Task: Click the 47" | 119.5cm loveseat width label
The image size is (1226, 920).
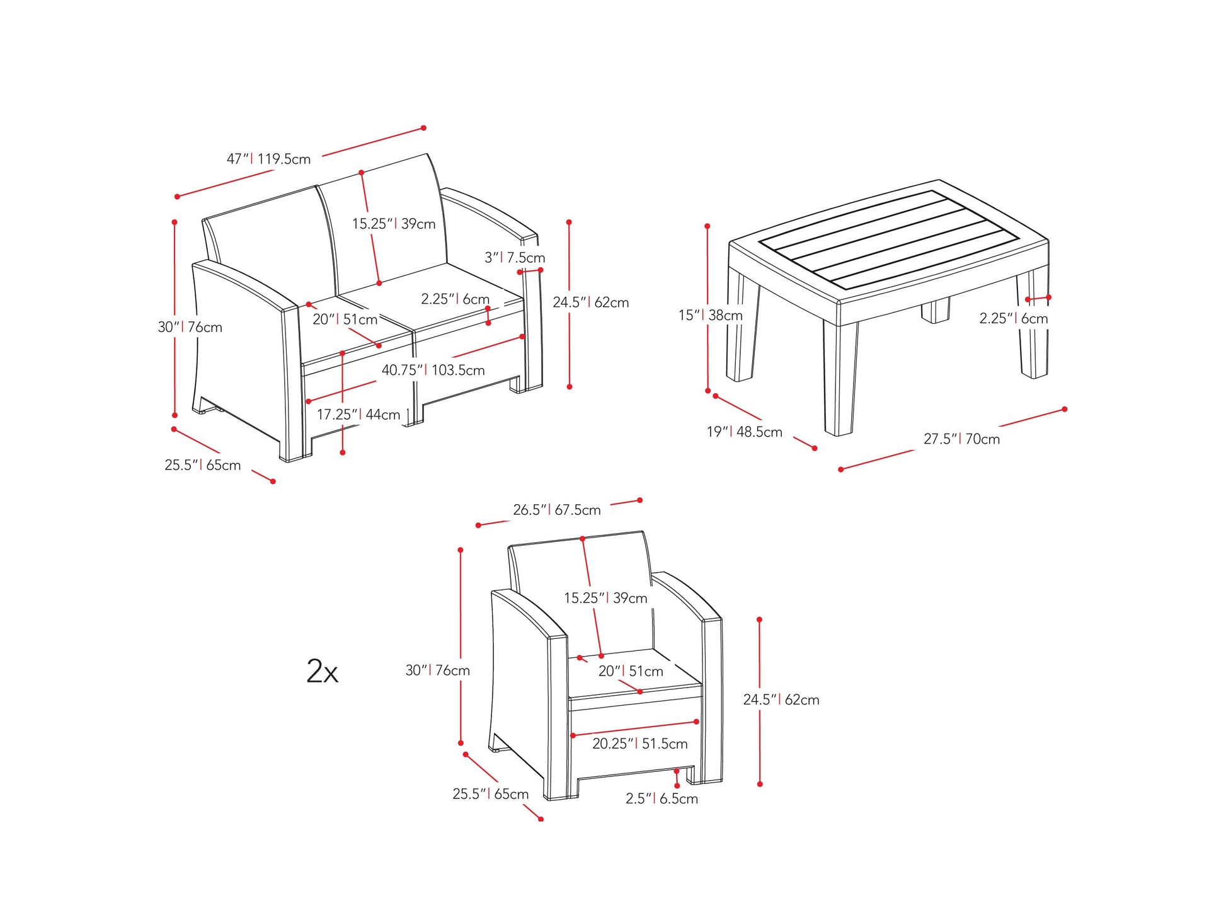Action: pos(268,159)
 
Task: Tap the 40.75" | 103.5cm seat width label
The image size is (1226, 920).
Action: pos(433,370)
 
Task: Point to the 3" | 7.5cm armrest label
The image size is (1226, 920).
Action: pos(514,258)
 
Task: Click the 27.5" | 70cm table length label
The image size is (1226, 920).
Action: pos(961,439)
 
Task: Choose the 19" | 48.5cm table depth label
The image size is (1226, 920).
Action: pos(744,432)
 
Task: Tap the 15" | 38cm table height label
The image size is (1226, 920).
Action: pos(710,315)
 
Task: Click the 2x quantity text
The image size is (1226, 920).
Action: pos(322,671)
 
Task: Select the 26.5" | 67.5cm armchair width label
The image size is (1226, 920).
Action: pos(556,510)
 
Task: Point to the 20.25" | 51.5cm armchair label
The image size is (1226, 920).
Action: pos(639,744)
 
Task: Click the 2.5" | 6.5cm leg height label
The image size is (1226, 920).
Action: pos(662,799)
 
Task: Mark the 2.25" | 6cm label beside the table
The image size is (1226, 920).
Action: pos(1013,319)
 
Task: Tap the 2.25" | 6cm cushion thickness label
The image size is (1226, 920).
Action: pos(455,299)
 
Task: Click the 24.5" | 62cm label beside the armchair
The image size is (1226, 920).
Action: pos(781,699)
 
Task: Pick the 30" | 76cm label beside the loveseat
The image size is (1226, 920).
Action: pos(190,327)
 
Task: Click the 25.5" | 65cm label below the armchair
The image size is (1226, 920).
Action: pos(490,794)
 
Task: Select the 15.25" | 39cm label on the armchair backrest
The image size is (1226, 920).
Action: pos(605,598)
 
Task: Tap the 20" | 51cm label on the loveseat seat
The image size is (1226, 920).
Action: pos(345,319)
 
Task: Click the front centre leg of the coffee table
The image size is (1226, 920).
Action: pos(840,378)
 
